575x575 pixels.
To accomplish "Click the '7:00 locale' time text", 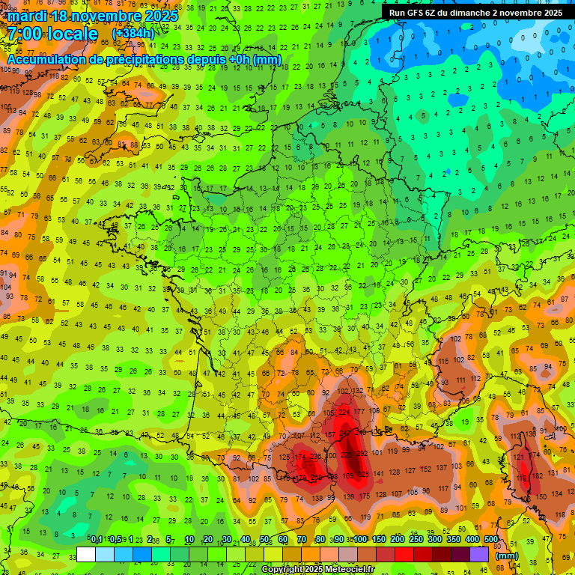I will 52,34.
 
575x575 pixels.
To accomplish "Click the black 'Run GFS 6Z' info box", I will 475,13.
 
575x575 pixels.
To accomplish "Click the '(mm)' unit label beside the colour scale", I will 507,556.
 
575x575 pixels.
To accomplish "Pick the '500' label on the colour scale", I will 491,539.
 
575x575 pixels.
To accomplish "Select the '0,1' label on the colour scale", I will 96,539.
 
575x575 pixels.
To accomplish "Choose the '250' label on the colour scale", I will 416,539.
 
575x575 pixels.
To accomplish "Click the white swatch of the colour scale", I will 86,555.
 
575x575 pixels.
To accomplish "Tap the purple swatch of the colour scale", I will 479,555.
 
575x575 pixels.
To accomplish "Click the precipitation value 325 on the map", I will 363,475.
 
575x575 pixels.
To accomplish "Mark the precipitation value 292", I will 362,453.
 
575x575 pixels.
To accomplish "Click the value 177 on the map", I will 360,411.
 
